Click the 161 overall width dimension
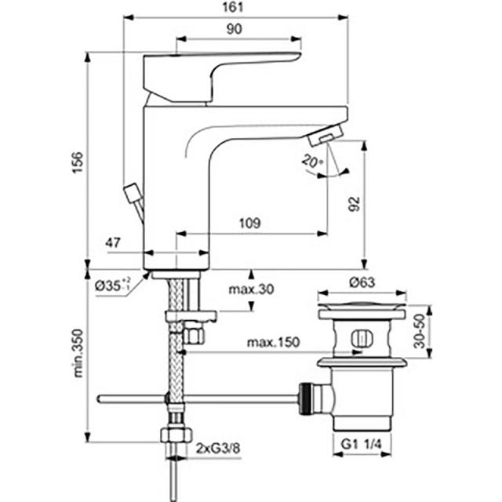[x=233, y=7]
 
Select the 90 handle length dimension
[x=234, y=29]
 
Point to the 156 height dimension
[x=78, y=162]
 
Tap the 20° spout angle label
[x=312, y=160]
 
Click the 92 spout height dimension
[x=354, y=204]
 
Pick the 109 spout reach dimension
[x=249, y=223]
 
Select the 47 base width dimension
[x=113, y=242]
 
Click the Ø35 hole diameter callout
[x=113, y=285]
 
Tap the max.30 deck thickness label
[x=251, y=289]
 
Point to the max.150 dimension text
[x=274, y=342]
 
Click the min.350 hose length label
[x=78, y=354]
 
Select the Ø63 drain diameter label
[x=362, y=282]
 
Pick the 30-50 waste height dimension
[x=419, y=331]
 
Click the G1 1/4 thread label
[x=362, y=445]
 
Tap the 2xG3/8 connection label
[x=218, y=449]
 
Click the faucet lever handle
[x=222, y=77]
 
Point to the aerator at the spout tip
[x=326, y=135]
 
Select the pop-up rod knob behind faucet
[x=132, y=193]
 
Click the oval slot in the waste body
[x=362, y=340]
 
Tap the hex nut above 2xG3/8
[x=176, y=435]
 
